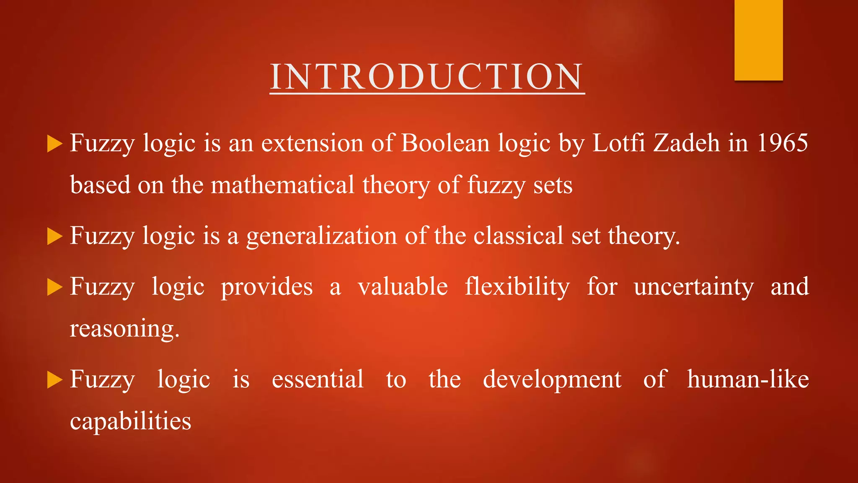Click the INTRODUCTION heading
[x=427, y=77]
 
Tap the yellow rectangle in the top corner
[x=758, y=40]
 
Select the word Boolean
[x=445, y=143]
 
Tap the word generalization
[x=321, y=236]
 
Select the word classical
[x=518, y=236]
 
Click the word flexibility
[x=517, y=287]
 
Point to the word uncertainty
[x=694, y=287]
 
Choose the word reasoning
[x=124, y=329]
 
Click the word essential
[x=318, y=379]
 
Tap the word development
[x=552, y=380]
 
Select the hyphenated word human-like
[x=748, y=379]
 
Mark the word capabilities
[x=130, y=421]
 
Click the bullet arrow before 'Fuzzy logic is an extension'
[x=54, y=144]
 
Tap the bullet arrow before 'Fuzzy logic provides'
[x=54, y=288]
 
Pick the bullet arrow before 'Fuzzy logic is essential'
[x=54, y=380]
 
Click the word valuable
[x=403, y=287]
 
